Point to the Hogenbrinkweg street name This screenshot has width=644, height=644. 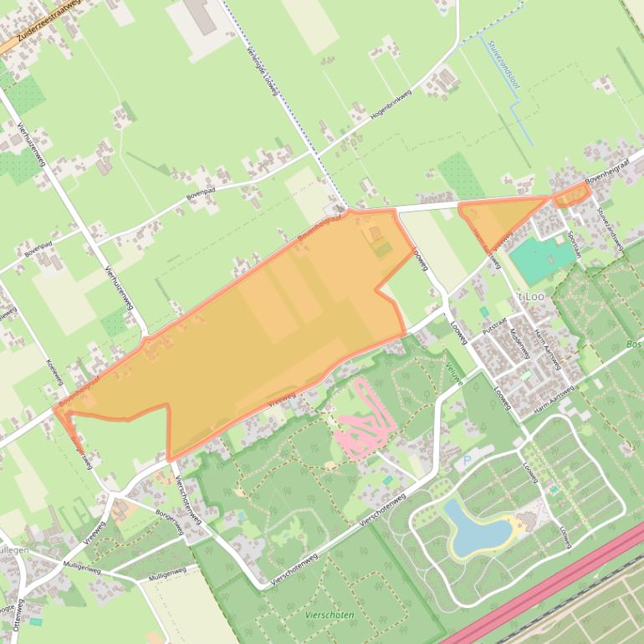[x=393, y=107]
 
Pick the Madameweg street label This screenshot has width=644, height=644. [x=519, y=343]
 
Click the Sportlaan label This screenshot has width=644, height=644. [x=574, y=244]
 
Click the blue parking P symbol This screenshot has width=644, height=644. [x=467, y=460]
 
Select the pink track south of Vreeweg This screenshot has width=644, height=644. [x=365, y=420]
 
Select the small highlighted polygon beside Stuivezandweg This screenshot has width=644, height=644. [x=572, y=197]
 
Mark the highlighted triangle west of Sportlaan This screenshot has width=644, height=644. [x=500, y=217]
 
